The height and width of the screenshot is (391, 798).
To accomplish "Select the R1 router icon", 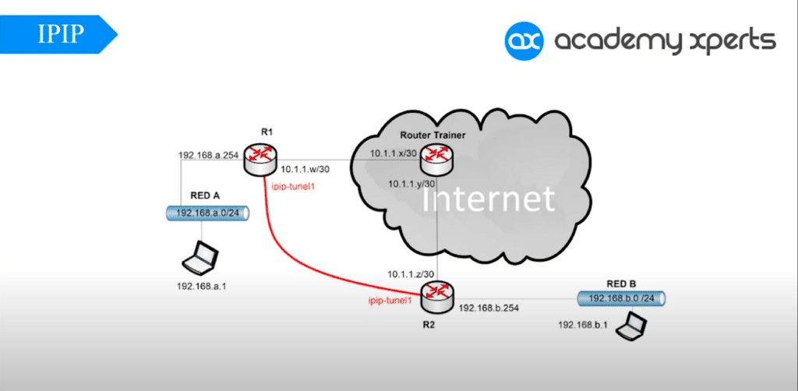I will [258, 160].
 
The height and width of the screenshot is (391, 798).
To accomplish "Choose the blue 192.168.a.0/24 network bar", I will [207, 213].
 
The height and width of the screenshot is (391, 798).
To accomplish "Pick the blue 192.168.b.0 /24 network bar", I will [621, 298].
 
